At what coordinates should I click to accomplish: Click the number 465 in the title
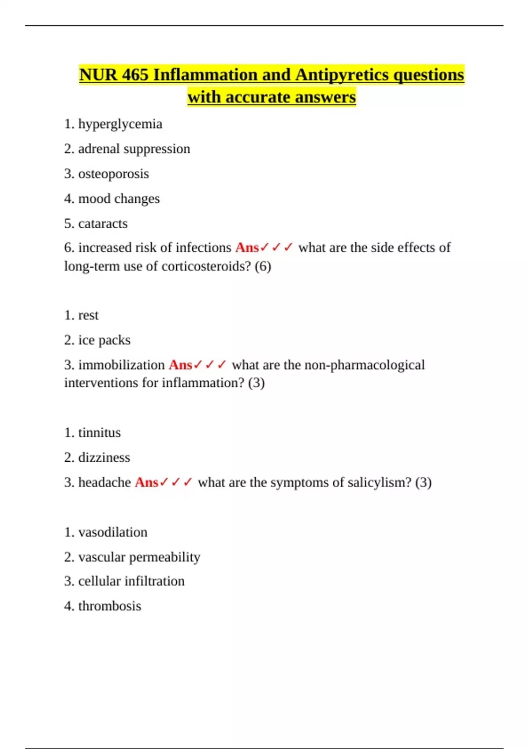[x=135, y=75]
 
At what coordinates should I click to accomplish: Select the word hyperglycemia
[x=120, y=124]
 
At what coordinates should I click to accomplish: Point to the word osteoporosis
[x=113, y=174]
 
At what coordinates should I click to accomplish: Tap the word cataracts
[x=103, y=223]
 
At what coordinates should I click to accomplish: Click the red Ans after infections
[x=247, y=248]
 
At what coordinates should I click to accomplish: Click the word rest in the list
[x=88, y=315]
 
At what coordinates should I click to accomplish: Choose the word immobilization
[x=121, y=365]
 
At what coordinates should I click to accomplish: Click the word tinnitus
[x=99, y=433]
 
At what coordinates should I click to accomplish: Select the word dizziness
[x=104, y=457]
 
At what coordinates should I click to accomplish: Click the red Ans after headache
[x=146, y=482]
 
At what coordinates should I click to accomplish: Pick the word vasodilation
[x=112, y=532]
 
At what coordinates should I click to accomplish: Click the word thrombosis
[x=109, y=606]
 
